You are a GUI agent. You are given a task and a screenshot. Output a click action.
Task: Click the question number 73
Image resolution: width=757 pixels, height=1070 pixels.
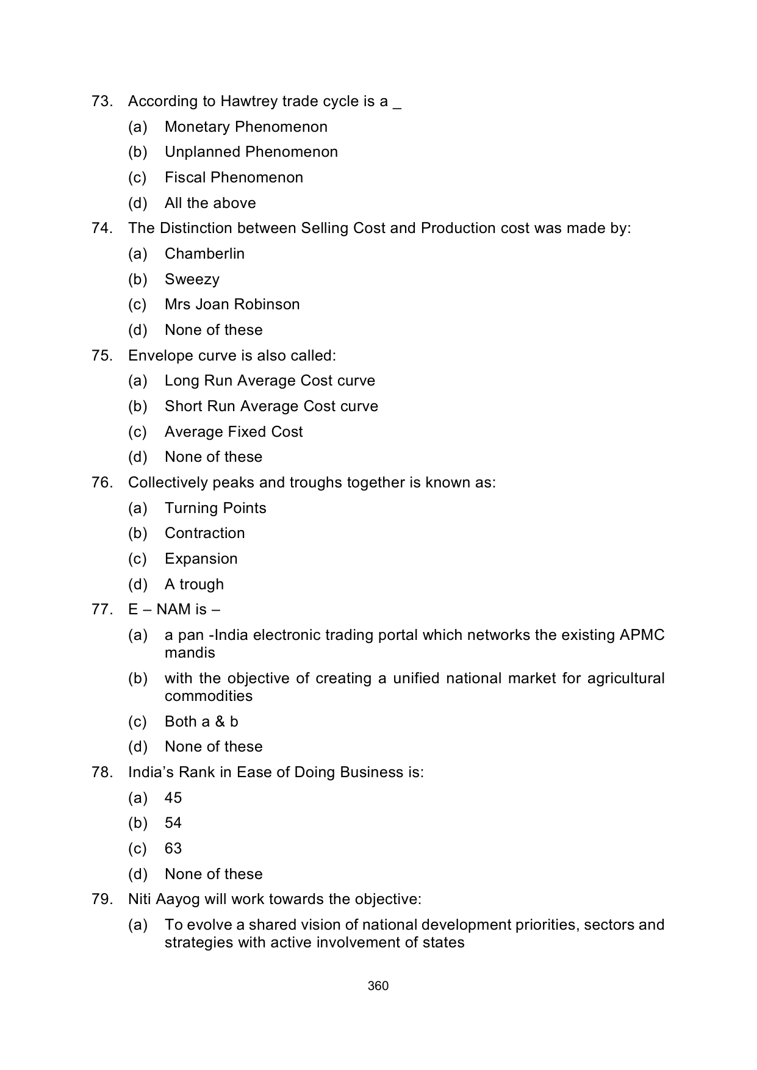pyautogui.click(x=101, y=101)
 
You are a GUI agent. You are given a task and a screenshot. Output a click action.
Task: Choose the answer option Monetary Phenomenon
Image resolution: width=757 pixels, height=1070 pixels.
pyautogui.click(x=246, y=127)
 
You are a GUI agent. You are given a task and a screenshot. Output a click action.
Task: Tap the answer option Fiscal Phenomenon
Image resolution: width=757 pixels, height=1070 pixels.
pyautogui.click(x=234, y=178)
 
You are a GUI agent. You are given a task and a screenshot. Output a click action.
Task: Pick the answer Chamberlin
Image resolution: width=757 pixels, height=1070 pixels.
pyautogui.click(x=204, y=254)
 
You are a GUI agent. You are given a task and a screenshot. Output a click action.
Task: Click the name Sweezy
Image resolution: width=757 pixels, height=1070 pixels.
pyautogui.click(x=192, y=279)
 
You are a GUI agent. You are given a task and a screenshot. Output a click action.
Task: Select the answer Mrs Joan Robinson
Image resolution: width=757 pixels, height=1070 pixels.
pyautogui.click(x=232, y=304)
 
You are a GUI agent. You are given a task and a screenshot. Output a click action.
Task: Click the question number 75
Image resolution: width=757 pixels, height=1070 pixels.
pyautogui.click(x=101, y=356)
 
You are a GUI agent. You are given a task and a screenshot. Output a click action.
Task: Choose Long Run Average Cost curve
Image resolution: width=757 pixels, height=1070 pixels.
pyautogui.click(x=270, y=381)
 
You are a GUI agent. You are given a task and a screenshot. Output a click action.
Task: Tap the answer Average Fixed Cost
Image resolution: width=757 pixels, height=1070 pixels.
pyautogui.click(x=234, y=432)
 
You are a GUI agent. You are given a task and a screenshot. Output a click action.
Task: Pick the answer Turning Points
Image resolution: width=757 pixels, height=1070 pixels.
pyautogui.click(x=215, y=508)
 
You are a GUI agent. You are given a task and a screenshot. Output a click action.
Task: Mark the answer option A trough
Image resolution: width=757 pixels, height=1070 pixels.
pyautogui.click(x=194, y=584)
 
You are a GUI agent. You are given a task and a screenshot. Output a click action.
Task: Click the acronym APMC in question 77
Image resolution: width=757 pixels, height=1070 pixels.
pyautogui.click(x=642, y=635)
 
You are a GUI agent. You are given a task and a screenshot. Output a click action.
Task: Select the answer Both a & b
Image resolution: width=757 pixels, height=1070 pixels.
pyautogui.click(x=201, y=722)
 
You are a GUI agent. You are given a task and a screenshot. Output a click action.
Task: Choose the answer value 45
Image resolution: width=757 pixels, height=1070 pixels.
pyautogui.click(x=173, y=798)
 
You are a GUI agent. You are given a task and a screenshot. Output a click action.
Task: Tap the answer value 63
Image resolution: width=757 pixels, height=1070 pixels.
pyautogui.click(x=173, y=849)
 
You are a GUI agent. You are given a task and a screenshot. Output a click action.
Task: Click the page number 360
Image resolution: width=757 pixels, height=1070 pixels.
pyautogui.click(x=378, y=986)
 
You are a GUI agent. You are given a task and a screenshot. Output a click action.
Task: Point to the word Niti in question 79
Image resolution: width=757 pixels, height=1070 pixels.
pyautogui.click(x=139, y=899)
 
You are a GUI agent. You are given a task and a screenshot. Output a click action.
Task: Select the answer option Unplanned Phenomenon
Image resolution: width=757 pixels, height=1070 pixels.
pyautogui.click(x=251, y=152)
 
